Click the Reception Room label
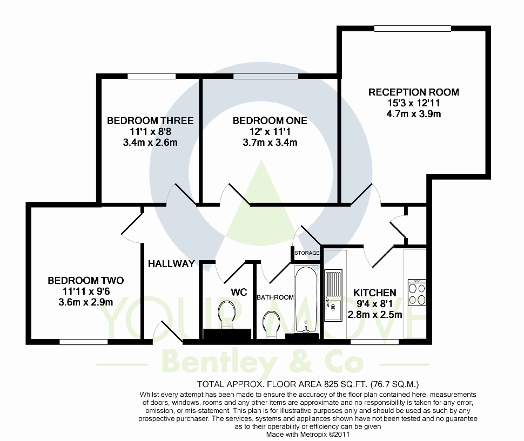coord(413,92)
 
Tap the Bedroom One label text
coord(270,120)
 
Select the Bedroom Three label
coord(150,120)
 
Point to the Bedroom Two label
coord(85,281)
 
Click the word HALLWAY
coord(171,264)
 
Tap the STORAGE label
coord(307,253)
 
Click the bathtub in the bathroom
coord(306,300)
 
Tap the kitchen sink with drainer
coord(333,295)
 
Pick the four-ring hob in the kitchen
coord(417,293)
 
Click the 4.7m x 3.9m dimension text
coord(413,114)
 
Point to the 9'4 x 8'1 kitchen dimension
coord(374,304)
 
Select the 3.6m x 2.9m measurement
coord(85,302)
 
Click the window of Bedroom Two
coord(84,342)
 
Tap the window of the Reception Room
coord(413,29)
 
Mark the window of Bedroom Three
coord(151,77)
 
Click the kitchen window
coord(374,342)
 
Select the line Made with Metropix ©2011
coord(308,435)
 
